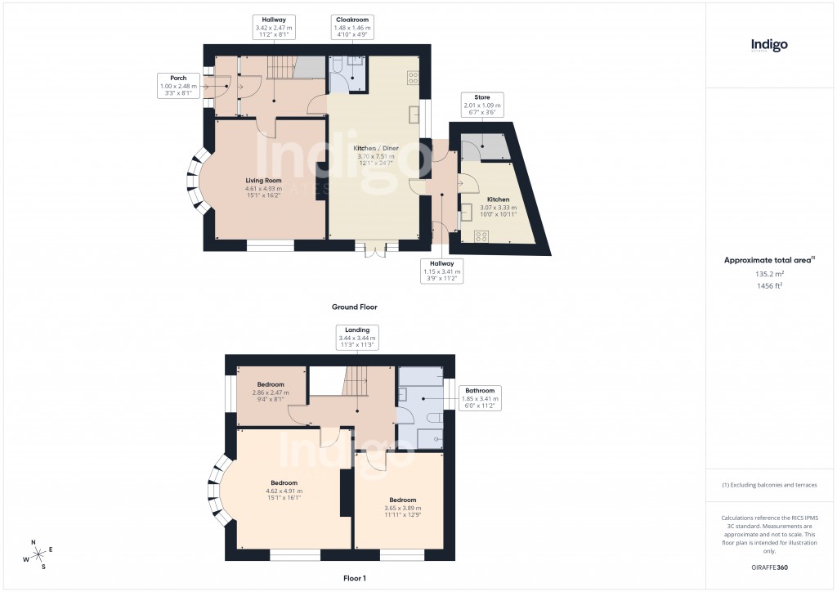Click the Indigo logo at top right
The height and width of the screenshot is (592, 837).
(x=769, y=46)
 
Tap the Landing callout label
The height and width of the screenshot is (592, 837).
(x=356, y=338)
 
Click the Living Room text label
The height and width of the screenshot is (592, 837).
(x=263, y=185)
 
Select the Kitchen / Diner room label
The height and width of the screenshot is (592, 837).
(x=376, y=153)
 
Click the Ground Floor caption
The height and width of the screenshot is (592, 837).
(x=354, y=307)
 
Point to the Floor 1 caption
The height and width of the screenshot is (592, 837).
(x=354, y=578)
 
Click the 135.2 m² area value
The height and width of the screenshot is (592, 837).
(x=769, y=275)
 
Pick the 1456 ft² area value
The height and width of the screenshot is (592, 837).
(x=769, y=286)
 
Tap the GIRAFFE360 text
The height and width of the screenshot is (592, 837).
(x=769, y=567)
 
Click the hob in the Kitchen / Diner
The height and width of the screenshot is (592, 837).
(x=413, y=78)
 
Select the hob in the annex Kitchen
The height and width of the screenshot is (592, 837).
(x=482, y=236)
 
